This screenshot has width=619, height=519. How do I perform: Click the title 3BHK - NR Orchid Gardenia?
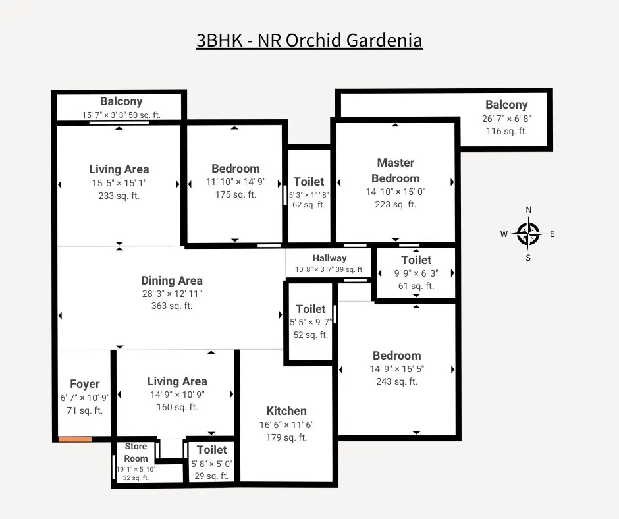click(309, 40)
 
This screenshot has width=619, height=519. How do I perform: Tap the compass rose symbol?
click(528, 233)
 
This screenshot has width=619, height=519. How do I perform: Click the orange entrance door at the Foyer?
click(74, 439)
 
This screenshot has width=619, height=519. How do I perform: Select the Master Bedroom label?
click(395, 170)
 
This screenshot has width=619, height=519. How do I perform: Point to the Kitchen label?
click(286, 411)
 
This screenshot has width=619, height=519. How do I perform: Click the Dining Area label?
click(171, 281)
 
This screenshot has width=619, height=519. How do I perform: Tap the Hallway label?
click(329, 258)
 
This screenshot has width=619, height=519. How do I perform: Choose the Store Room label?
click(136, 452)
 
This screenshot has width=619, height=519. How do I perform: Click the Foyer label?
click(85, 384)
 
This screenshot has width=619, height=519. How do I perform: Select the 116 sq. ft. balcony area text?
click(506, 131)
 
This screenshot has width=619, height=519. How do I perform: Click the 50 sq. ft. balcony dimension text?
click(121, 115)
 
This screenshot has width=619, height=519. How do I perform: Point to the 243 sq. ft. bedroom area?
click(396, 381)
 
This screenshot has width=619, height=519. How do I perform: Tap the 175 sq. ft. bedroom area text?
click(235, 194)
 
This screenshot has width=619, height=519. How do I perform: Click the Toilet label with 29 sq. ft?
click(211, 450)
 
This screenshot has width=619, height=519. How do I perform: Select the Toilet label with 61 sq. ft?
click(416, 260)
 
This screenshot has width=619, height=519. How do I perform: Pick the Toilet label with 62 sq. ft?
click(308, 182)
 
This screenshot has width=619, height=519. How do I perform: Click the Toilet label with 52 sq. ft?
click(310, 309)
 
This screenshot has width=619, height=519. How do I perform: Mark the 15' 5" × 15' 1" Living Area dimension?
click(119, 182)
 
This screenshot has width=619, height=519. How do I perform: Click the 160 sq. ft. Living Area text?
click(176, 407)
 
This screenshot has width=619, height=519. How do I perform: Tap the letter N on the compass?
click(528, 210)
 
